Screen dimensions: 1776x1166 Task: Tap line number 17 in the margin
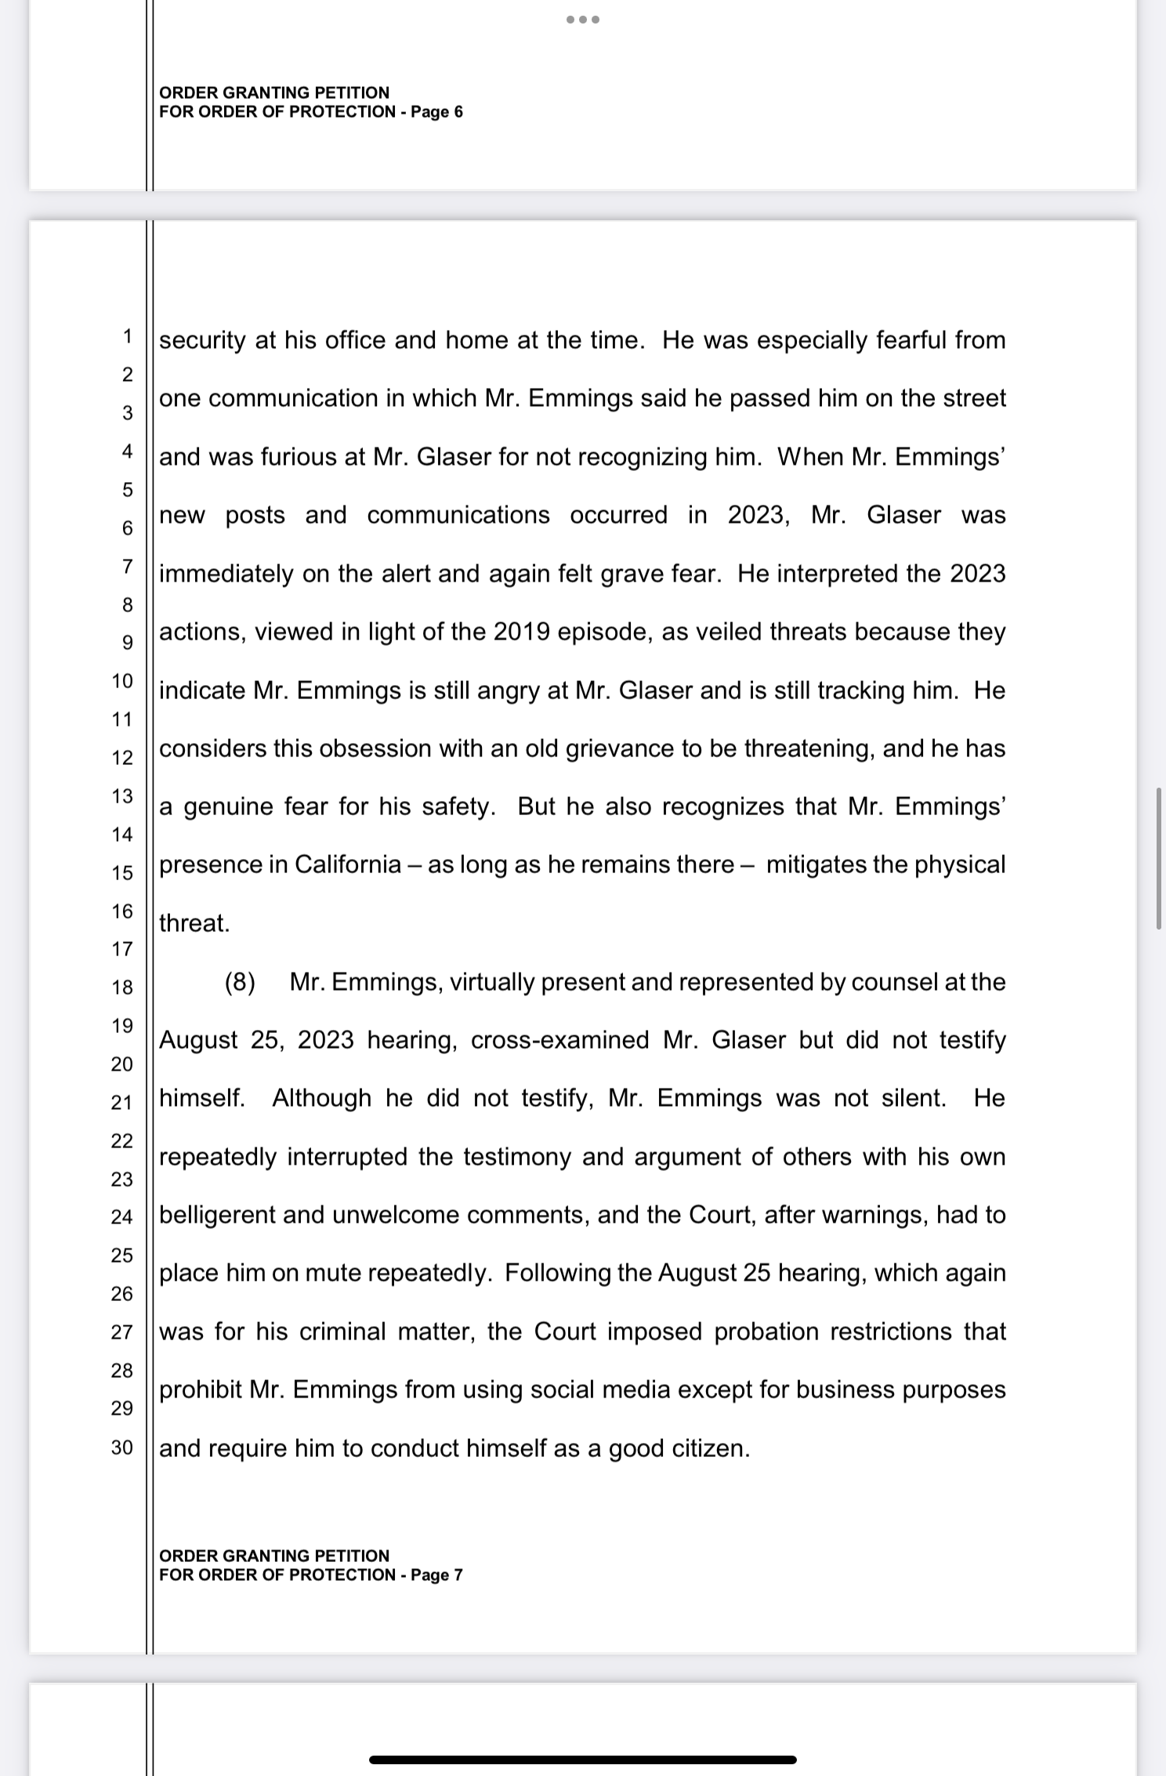pos(122,949)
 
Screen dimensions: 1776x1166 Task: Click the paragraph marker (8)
pos(240,982)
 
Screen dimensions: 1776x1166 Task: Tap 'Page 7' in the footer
pos(436,1575)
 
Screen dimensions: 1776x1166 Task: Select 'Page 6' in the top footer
pos(436,112)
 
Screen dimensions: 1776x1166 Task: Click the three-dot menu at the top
pos(583,20)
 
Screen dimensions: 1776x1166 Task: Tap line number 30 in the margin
pos(122,1447)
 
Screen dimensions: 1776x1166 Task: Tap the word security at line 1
pos(202,340)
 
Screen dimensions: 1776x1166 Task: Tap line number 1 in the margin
pos(126,337)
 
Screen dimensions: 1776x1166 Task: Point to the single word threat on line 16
pos(194,923)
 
